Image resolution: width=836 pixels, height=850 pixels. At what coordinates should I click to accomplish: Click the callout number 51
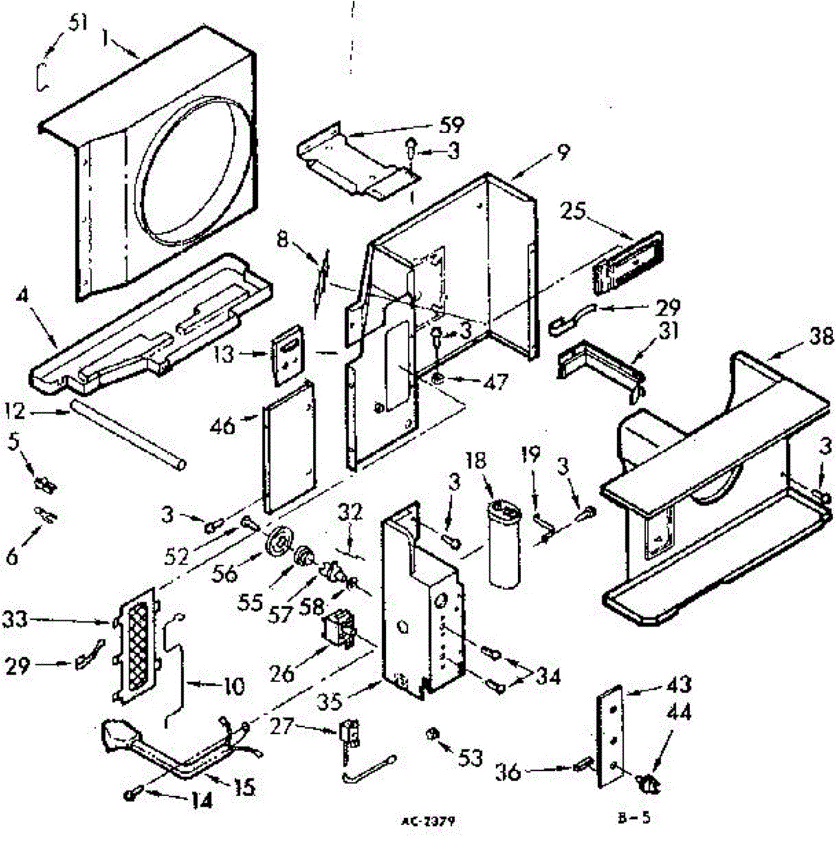78,23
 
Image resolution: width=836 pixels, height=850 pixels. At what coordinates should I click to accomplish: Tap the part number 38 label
821,339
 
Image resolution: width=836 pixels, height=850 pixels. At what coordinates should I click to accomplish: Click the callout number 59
451,126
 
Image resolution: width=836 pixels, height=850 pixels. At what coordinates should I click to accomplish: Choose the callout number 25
575,210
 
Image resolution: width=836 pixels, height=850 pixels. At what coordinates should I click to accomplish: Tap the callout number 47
494,382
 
